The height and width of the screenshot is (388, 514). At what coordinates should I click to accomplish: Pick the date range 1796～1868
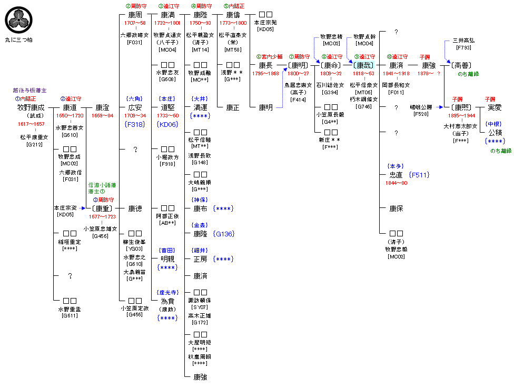pos(265,73)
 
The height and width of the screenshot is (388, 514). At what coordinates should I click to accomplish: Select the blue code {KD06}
pos(167,124)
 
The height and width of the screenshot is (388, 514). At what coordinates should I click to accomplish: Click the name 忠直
pos(396,174)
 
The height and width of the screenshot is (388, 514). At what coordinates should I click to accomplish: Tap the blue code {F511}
pos(421,174)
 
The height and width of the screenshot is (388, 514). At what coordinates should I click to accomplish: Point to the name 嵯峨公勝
pos(421,107)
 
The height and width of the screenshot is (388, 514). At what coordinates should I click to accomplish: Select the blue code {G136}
pos(224,234)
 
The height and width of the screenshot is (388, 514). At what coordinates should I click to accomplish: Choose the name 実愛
pos(495,107)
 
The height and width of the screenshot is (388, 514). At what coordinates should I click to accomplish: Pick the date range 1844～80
pos(396,183)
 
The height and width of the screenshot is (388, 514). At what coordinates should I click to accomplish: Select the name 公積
pos(495,133)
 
